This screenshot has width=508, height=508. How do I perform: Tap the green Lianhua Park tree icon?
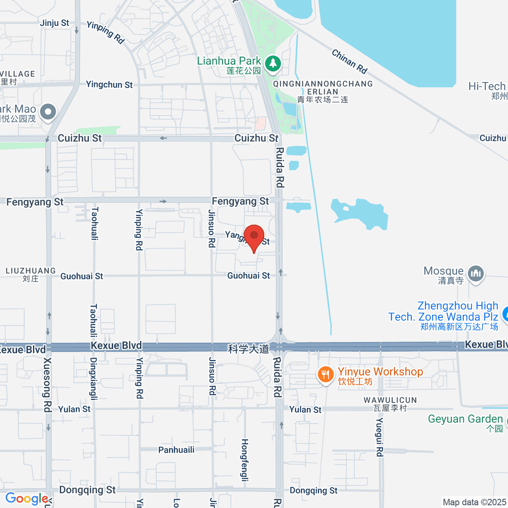[273, 64]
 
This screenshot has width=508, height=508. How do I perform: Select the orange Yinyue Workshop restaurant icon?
[325, 375]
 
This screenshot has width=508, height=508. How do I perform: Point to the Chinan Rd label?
[349, 62]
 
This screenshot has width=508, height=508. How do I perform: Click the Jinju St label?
[54, 23]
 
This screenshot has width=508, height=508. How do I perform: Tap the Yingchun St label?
[109, 85]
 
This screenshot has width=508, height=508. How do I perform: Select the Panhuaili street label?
[176, 450]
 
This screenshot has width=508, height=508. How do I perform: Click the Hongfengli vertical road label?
[245, 460]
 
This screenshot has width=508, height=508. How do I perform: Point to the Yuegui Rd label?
[380, 437]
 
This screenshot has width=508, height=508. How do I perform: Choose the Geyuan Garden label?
[465, 419]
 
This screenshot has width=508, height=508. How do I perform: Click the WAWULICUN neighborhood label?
[390, 400]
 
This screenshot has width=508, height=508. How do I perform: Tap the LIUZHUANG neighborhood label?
[30, 271]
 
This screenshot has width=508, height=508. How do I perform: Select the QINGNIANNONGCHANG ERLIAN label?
[323, 88]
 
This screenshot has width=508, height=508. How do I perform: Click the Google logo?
[26, 499]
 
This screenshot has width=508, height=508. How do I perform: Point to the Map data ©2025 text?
[474, 502]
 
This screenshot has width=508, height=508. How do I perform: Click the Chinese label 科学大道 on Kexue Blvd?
[248, 349]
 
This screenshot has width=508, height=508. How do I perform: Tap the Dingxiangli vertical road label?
[94, 378]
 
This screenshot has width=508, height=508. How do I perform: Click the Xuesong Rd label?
[47, 384]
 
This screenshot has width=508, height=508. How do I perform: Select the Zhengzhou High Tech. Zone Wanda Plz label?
[443, 312]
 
